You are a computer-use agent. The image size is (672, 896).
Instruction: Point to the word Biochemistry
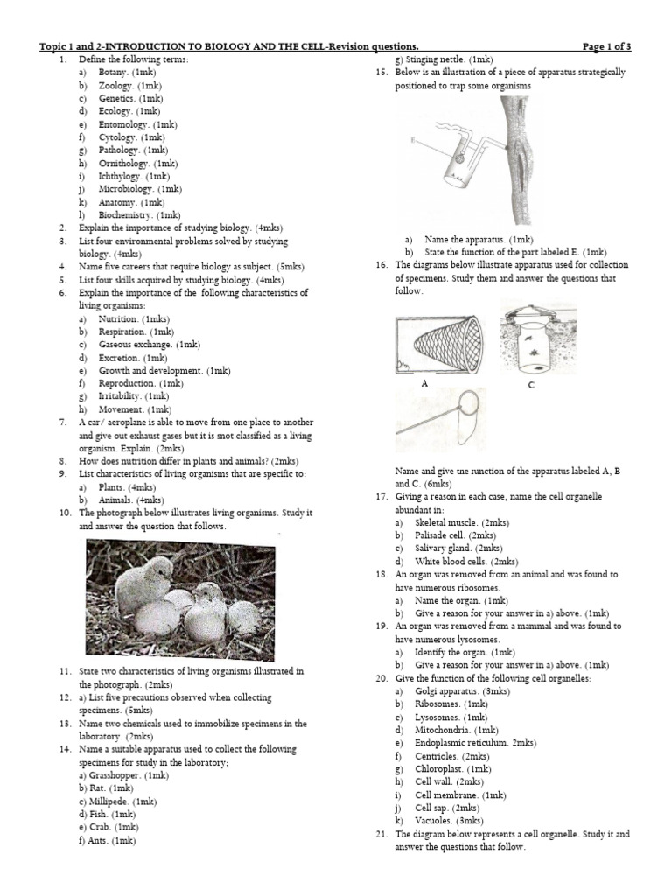(x=124, y=214)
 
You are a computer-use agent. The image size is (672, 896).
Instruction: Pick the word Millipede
(x=109, y=801)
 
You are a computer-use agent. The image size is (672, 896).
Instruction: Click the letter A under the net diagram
(x=424, y=382)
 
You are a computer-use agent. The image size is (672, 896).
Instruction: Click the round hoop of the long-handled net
(x=472, y=403)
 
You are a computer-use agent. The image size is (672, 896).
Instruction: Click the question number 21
(x=381, y=834)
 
